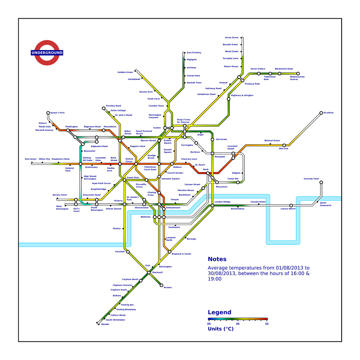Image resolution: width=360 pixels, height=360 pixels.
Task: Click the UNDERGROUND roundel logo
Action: pyautogui.click(x=47, y=53)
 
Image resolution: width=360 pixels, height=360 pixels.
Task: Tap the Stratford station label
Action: pyautogui.click(x=328, y=113)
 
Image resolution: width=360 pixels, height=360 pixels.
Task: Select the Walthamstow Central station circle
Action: pyautogui.click(x=298, y=73)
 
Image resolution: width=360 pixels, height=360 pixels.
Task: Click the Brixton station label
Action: pyautogui.click(x=168, y=288)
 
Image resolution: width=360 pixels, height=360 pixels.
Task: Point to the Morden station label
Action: pyautogui.click(x=105, y=324)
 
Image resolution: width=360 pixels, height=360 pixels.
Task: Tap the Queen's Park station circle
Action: pyautogui.click(x=48, y=113)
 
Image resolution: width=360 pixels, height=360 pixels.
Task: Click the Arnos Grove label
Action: pyautogui.click(x=231, y=37)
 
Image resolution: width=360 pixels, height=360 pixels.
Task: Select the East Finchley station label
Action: pyautogui.click(x=194, y=53)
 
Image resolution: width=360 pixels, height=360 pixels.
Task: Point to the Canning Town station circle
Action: pyautogui.click(x=321, y=183)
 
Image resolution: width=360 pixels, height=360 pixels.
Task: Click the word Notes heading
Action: pyautogui.click(x=217, y=259)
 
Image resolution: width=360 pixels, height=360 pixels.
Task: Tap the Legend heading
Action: pyautogui.click(x=220, y=312)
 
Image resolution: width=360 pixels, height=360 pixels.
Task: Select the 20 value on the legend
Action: pyautogui.click(x=209, y=324)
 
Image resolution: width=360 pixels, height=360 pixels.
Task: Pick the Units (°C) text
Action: pyautogui.click(x=221, y=329)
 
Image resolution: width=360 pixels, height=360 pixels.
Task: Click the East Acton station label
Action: pyautogui.click(x=31, y=159)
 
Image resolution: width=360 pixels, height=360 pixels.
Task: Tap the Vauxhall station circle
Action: pyautogui.click(x=128, y=252)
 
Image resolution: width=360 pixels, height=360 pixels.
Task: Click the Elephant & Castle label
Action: pyautogui.click(x=181, y=254)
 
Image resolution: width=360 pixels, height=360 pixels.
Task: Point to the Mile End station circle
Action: pyautogui.click(x=284, y=145)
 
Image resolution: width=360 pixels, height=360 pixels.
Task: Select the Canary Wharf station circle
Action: pyautogui.click(x=291, y=206)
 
